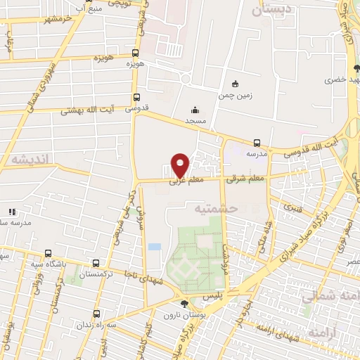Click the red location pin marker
181,165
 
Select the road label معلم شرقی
245,179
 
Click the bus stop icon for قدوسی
136,98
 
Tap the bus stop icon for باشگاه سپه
48,253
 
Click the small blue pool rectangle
154,247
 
